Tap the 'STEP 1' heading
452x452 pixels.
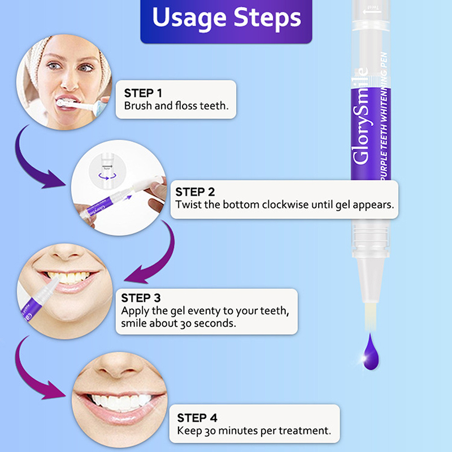143,93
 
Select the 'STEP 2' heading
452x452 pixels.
195,192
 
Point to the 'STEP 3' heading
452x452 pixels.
141,298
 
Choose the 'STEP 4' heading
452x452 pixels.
197,418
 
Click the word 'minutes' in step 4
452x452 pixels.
238,431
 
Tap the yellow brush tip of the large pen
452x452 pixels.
370,316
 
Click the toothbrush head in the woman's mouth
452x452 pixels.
65,103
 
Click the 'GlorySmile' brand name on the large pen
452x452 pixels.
360,116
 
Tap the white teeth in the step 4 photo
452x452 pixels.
120,402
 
